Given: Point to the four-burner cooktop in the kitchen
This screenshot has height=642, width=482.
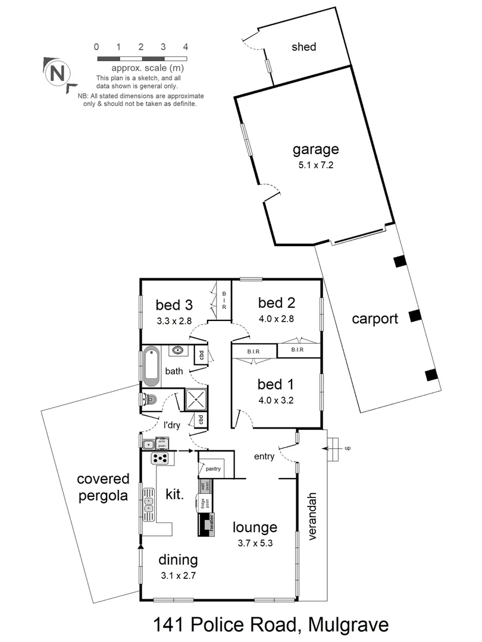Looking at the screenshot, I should click(160, 458).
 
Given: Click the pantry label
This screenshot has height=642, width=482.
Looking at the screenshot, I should click(213, 469).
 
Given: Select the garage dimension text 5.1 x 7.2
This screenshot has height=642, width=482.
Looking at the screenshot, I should click(315, 165).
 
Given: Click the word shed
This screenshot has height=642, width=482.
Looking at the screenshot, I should click(303, 47).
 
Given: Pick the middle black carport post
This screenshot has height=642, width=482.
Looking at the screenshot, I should click(415, 315).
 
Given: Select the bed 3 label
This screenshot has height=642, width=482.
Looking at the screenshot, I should click(174, 306).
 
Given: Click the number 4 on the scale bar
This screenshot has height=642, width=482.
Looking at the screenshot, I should click(186, 46).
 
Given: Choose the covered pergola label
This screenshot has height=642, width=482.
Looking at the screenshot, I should click(103, 487).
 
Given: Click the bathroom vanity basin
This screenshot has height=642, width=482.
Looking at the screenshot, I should click(178, 350).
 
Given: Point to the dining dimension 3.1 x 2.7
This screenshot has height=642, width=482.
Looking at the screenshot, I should click(178, 575).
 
